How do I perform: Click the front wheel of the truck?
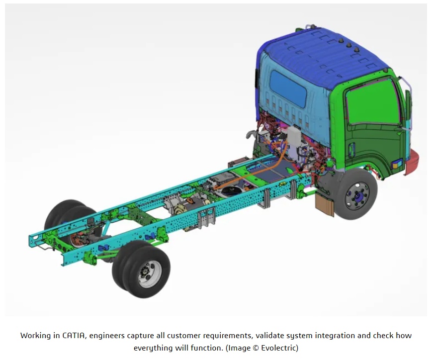[356, 193]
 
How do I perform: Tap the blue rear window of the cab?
[288, 88]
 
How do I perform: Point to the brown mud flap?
[325, 204]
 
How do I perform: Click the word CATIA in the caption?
[74, 335]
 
